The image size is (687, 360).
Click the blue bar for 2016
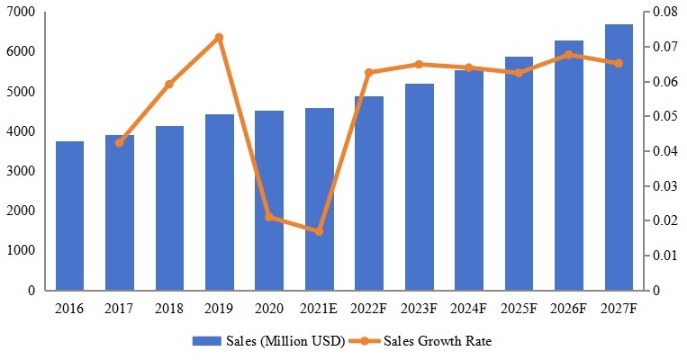coord(69,216)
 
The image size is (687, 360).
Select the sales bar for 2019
coord(219,202)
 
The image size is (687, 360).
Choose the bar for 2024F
coord(468,180)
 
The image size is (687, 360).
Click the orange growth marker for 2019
coord(219,38)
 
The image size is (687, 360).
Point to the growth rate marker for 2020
coord(269,217)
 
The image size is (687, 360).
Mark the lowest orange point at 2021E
coord(319,231)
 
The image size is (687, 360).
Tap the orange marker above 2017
coord(120,142)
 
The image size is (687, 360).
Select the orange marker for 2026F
coord(568,54)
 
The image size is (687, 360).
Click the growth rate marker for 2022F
coord(369,72)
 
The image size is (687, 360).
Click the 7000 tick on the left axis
coord(22,13)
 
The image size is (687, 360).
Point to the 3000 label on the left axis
coord(22,171)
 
